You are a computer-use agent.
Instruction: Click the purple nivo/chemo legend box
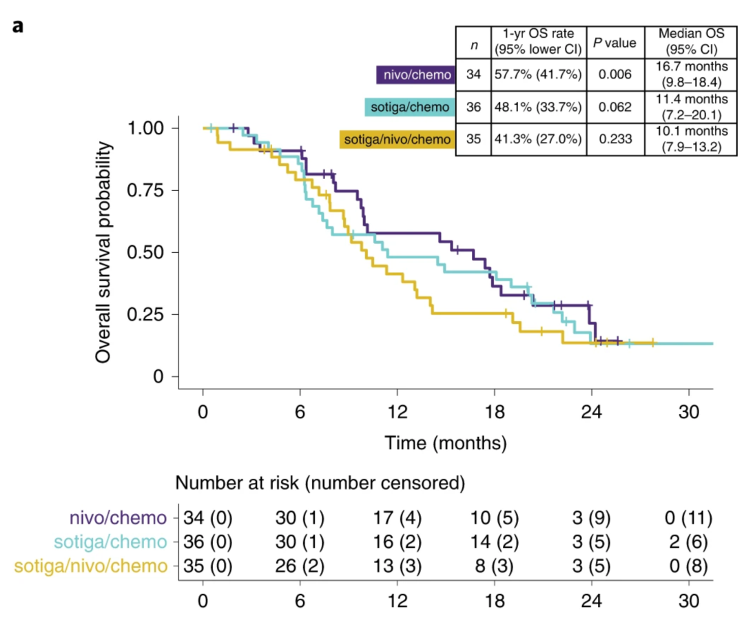coord(415,74)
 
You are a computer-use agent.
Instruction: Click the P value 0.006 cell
coord(614,74)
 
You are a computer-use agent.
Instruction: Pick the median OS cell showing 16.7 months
coord(682,74)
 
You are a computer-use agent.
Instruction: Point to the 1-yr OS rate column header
coord(537,43)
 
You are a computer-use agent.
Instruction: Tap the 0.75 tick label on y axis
coord(146,190)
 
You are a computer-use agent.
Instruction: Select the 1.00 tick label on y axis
coord(146,128)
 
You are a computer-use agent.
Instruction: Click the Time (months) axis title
coord(446,442)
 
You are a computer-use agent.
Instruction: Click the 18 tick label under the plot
coord(494,407)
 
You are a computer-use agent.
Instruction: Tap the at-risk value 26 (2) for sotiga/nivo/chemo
coord(300,566)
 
